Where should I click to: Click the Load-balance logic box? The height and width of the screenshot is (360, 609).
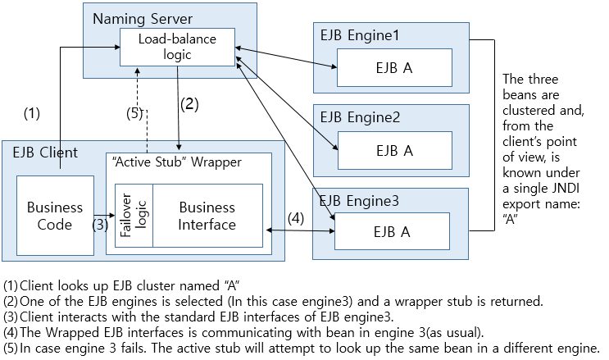(177, 47)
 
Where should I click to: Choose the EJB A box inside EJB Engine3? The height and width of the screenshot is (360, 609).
(392, 232)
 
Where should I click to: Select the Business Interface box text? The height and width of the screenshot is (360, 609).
(207, 216)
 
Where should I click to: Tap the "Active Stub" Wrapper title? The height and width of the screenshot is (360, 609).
(174, 162)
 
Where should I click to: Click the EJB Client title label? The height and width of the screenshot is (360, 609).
(45, 152)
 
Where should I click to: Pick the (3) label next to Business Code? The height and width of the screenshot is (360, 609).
(99, 224)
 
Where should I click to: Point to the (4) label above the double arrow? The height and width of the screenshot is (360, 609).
(295, 218)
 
